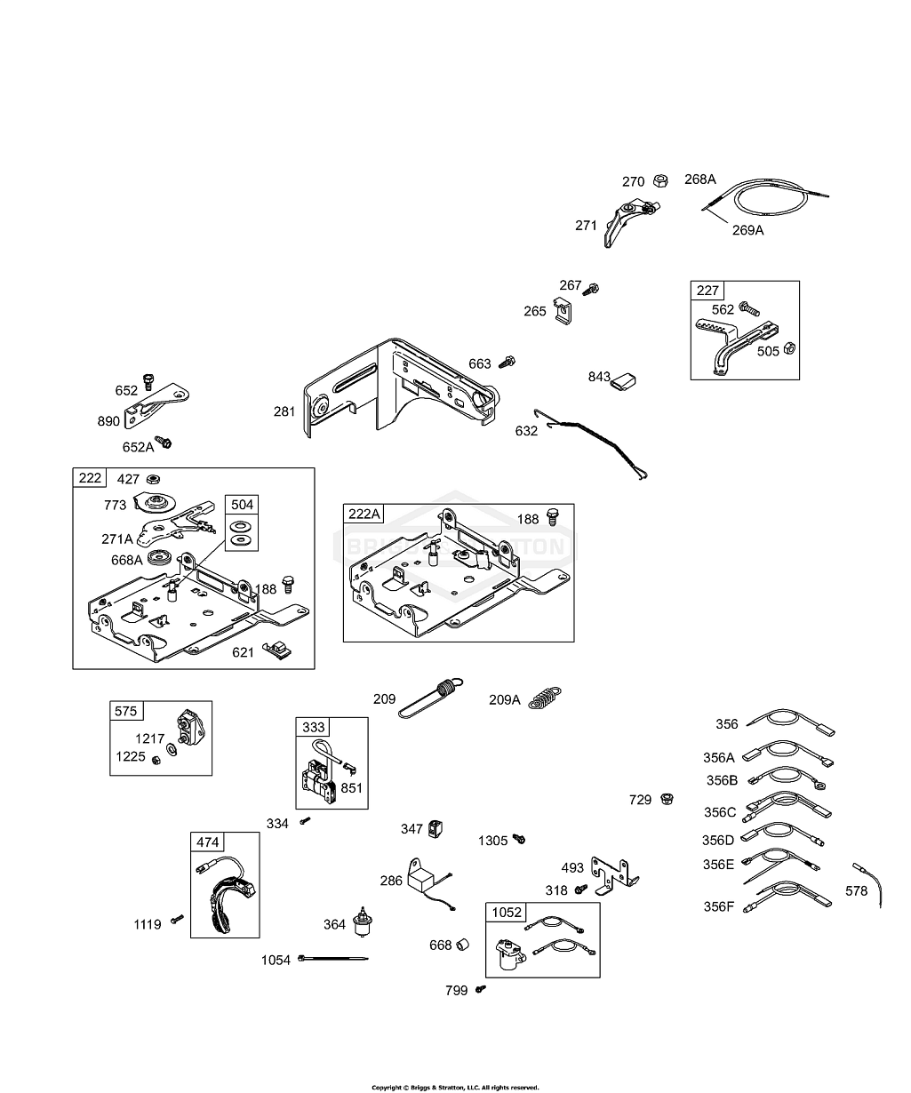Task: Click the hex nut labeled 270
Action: click(x=660, y=181)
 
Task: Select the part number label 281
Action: click(x=284, y=411)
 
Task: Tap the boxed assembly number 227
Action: click(x=708, y=291)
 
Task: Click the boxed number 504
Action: click(x=242, y=505)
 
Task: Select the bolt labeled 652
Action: click(x=149, y=383)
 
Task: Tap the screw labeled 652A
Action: click(x=164, y=442)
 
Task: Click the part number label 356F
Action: click(x=718, y=906)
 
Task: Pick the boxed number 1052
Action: click(x=506, y=913)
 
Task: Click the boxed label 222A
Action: click(x=364, y=514)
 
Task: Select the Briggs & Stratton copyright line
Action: click(x=455, y=1087)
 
